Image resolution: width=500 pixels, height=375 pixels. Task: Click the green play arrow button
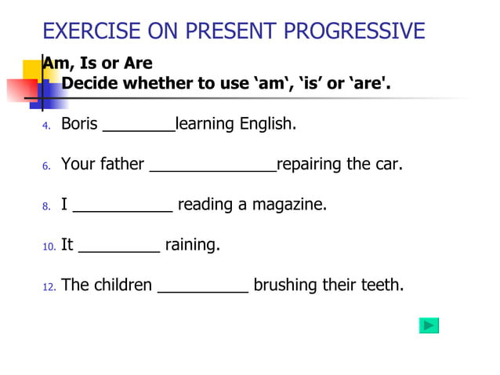click(429, 326)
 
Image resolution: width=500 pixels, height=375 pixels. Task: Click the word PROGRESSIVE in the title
click(355, 31)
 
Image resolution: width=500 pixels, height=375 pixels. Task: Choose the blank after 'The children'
click(203, 291)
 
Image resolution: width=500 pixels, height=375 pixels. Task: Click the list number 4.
click(46, 126)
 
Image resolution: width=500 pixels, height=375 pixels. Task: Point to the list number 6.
click(46, 166)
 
